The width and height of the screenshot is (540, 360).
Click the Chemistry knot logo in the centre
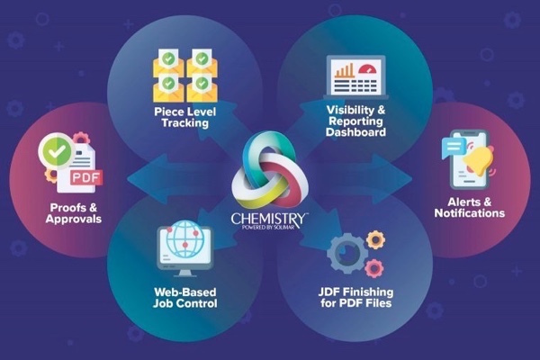point(270,169)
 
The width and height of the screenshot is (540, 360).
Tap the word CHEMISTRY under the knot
point(269,219)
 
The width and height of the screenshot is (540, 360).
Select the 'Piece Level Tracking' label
point(184,118)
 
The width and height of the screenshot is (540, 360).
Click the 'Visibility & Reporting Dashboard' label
point(355,121)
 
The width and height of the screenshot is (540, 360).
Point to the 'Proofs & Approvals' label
point(74,213)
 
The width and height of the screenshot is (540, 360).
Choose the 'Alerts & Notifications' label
point(470,207)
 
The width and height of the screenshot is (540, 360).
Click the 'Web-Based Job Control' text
point(185,298)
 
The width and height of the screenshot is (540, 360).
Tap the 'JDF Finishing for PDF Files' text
point(355,297)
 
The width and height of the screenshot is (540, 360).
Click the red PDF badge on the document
point(86,178)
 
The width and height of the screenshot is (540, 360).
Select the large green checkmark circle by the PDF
point(57,151)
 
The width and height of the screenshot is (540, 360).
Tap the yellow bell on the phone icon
point(479,160)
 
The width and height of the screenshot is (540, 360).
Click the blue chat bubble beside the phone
point(454,147)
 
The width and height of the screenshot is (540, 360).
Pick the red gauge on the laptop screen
point(368,69)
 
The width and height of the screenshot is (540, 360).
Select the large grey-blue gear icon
point(346,254)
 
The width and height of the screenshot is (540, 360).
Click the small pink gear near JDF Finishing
point(374,268)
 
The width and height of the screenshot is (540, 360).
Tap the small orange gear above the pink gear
point(375,239)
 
